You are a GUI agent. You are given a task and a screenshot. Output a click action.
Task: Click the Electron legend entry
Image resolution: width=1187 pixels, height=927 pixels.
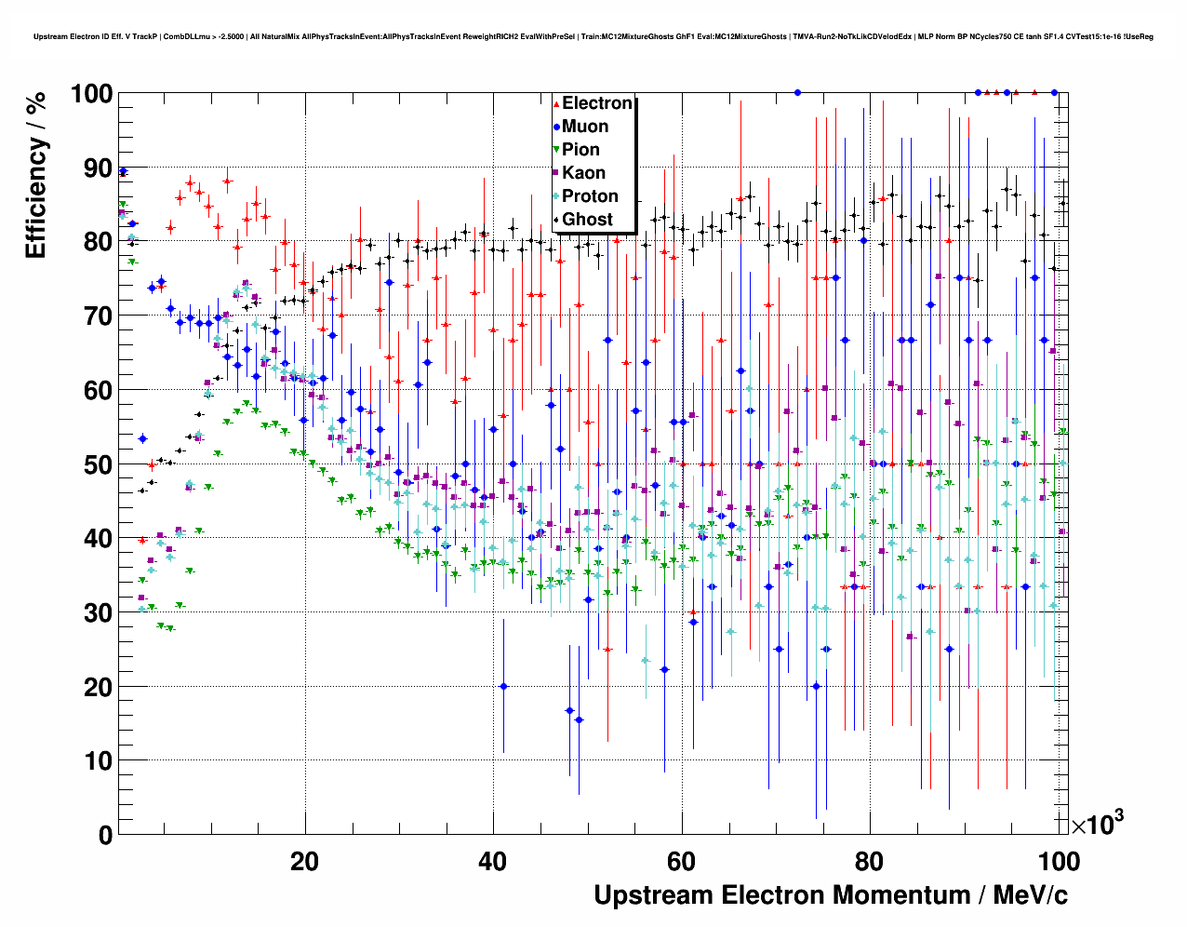[596, 103]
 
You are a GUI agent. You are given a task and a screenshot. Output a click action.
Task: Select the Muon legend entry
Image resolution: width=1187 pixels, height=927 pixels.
[585, 127]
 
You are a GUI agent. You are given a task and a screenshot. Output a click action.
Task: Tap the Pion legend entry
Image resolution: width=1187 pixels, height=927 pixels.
[580, 150]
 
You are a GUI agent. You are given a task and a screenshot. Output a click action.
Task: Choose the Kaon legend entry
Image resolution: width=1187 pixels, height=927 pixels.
[583, 173]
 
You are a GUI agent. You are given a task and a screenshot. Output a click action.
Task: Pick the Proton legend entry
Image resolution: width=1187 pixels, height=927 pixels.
[590, 196]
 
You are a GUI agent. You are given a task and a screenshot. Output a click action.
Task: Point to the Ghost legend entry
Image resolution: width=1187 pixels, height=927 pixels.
[587, 220]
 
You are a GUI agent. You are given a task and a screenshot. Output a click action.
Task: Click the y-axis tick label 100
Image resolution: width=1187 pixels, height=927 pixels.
[91, 94]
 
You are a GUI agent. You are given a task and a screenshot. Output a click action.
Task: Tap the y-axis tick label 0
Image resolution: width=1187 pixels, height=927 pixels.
[106, 835]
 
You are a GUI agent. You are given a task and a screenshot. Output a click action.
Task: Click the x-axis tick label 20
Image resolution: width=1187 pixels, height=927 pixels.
[304, 862]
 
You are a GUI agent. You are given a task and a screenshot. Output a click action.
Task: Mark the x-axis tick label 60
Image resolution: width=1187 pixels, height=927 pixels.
[682, 862]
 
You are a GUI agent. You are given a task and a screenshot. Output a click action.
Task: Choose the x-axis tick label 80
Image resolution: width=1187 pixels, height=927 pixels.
[870, 862]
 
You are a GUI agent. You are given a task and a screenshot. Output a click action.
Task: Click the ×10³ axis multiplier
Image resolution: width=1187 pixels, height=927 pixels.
[1097, 824]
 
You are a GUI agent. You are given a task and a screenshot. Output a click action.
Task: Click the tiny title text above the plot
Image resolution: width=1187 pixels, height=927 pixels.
[593, 36]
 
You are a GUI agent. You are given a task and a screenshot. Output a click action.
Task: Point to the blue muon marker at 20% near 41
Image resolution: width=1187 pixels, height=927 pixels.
[503, 686]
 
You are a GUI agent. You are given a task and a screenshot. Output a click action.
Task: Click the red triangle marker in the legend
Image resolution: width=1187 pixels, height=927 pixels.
[556, 103]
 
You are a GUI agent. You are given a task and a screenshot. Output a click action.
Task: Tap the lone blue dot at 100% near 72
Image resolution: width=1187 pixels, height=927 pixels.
[797, 92]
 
